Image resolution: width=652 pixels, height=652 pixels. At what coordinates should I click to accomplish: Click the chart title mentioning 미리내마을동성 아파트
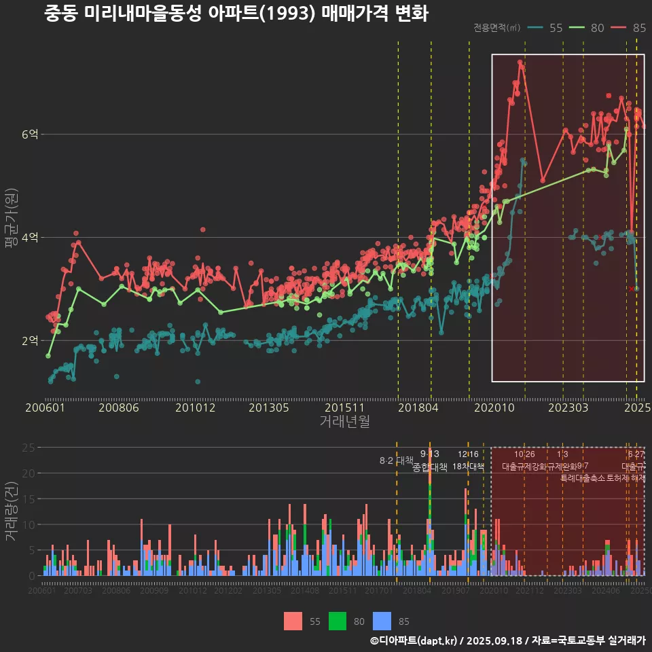tap(236, 14)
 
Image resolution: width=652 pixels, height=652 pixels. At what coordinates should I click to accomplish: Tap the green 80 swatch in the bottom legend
tap(338, 621)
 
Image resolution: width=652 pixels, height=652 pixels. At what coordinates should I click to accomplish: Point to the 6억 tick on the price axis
tap(30, 134)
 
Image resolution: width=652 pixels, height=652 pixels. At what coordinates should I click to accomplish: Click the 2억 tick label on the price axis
tap(30, 340)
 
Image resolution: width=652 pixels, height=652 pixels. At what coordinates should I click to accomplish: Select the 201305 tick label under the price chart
tap(269, 408)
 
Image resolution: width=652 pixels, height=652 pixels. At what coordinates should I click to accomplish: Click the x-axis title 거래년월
tap(344, 422)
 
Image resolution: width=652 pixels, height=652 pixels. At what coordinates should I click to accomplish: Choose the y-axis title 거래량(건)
tap(12, 511)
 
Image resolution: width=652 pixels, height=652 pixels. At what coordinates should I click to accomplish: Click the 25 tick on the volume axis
tap(30, 448)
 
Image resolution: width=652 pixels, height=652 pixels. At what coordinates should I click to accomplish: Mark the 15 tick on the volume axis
tap(30, 499)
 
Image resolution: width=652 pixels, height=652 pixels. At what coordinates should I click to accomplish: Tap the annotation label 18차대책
tap(468, 467)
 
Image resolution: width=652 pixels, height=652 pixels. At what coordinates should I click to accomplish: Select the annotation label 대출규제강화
tap(524, 467)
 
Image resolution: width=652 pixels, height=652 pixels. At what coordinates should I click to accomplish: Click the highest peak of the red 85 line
tap(520, 62)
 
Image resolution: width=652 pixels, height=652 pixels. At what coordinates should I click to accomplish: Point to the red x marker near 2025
tap(631, 289)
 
